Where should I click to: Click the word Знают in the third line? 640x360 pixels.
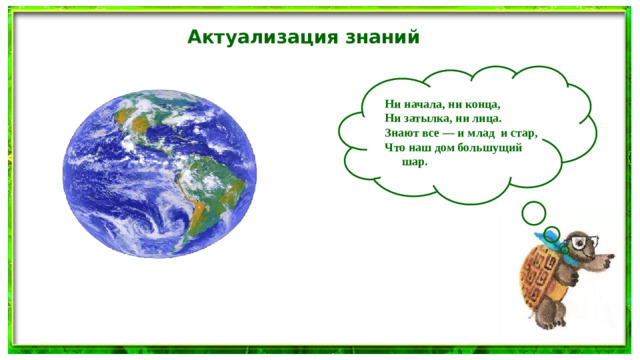403,132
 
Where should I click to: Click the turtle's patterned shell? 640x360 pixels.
541,276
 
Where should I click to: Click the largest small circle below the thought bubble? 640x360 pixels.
534,212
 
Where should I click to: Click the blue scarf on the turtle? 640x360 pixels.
564,251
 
